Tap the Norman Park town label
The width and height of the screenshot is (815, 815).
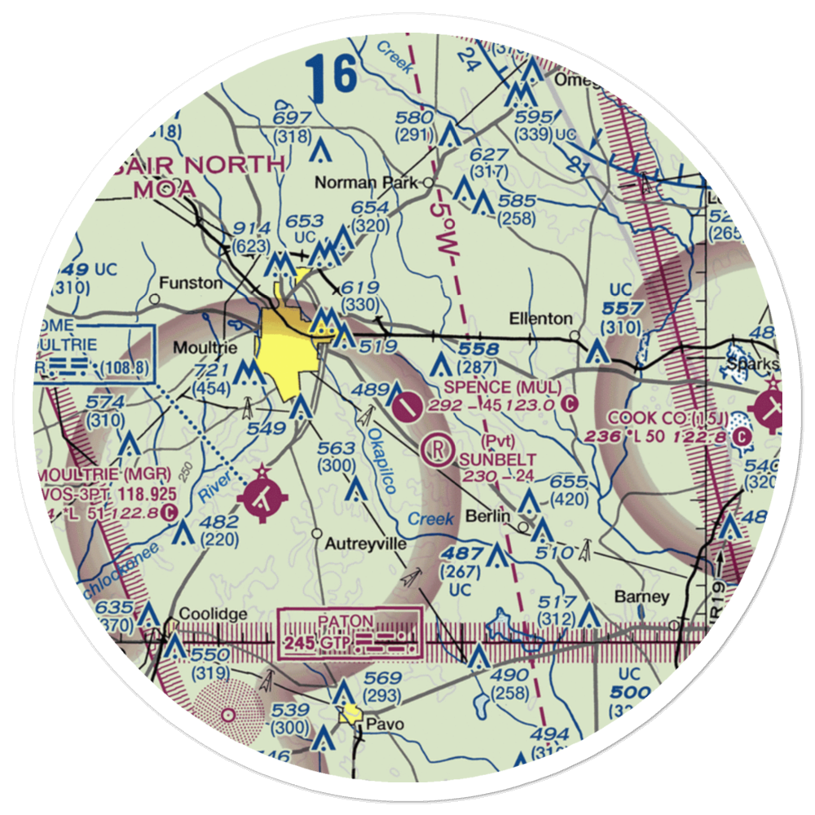pyautogui.click(x=384, y=183)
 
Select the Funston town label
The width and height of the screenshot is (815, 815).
pyautogui.click(x=191, y=284)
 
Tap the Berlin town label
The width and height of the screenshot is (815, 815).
pyautogui.click(x=488, y=516)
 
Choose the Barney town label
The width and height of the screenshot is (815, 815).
pyautogui.click(x=641, y=597)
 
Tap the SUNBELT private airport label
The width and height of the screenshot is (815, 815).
pyautogui.click(x=487, y=459)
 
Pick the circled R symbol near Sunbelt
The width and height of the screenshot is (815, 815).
pyautogui.click(x=438, y=447)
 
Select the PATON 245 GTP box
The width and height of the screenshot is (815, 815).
pyautogui.click(x=351, y=633)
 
